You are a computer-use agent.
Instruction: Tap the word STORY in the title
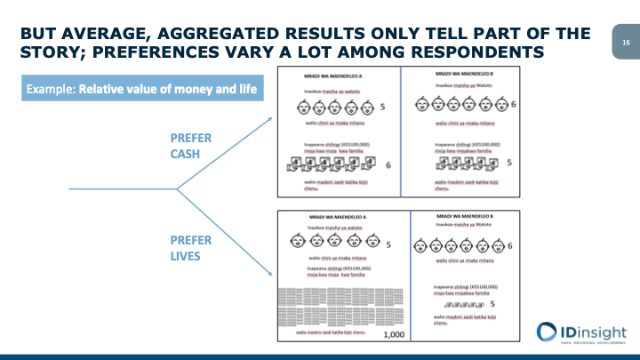[51, 53]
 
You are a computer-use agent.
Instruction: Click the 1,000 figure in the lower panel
[392, 336]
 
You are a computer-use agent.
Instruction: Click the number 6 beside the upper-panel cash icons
[388, 164]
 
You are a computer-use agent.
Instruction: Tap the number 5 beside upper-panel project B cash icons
[508, 163]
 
